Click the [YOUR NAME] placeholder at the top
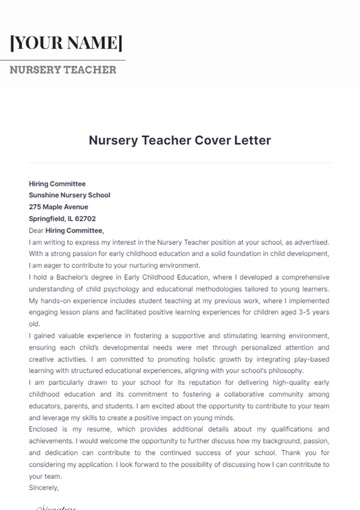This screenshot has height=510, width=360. [66, 43]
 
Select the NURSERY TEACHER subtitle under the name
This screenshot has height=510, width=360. [63, 70]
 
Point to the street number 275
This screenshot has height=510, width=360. [37, 207]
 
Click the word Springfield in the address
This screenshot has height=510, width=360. [49, 218]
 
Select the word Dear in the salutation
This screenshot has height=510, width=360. [38, 230]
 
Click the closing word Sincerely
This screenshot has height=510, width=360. [45, 486]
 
